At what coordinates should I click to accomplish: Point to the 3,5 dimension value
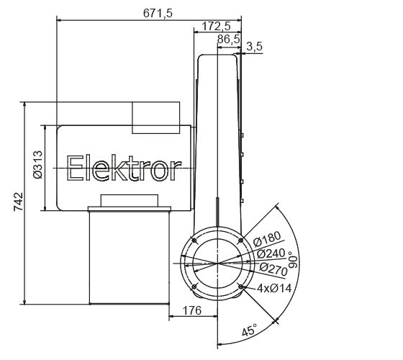coord(254,48)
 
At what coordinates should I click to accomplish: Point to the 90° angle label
coord(291,261)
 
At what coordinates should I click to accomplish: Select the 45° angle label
coord(249,330)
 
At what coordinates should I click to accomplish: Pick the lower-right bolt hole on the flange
coord(240,288)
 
